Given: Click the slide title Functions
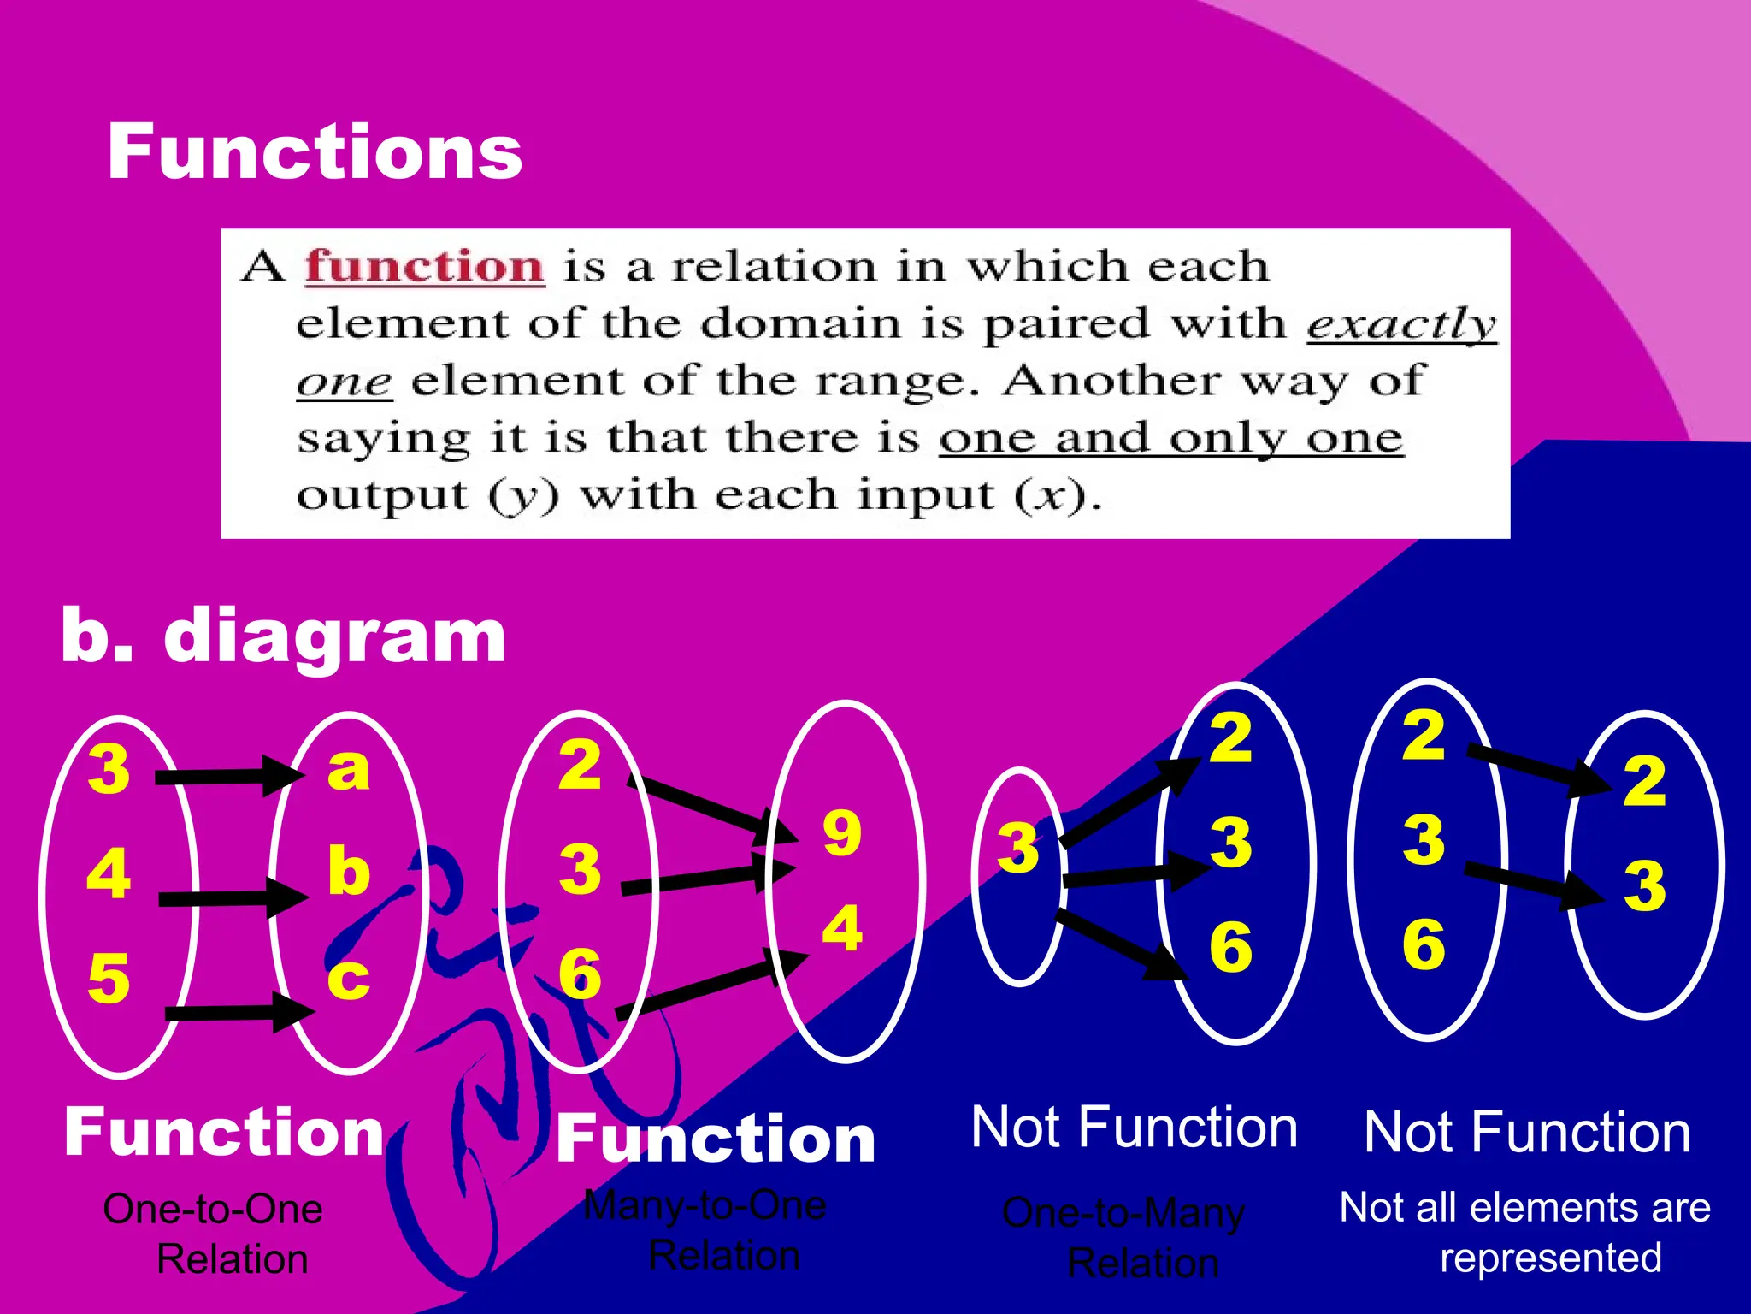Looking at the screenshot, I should pos(314,151).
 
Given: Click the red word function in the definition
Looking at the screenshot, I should pos(425,266).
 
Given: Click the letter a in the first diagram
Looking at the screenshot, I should pos(349,767).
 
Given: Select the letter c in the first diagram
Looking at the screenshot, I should pos(348,977).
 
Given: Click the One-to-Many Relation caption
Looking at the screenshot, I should pos(1124,1237).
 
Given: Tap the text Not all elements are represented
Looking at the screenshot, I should pos(1525,1232).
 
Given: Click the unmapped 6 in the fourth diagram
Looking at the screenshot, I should pos(1424,944).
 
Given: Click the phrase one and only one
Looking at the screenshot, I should pos(1170,438).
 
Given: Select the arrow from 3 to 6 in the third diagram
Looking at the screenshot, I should pos(1120,945).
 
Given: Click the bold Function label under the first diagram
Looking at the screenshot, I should pos(224,1132).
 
